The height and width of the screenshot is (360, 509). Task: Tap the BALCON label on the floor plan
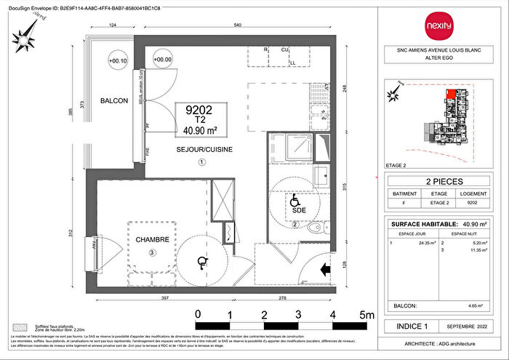coord(113,101)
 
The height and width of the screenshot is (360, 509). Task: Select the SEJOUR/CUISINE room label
coord(201,148)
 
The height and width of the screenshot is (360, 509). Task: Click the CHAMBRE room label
coord(152,239)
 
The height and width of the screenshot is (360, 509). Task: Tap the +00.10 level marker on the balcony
coord(116,60)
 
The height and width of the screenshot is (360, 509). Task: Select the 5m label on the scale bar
coord(365,314)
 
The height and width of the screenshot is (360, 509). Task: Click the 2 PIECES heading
coord(443,182)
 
